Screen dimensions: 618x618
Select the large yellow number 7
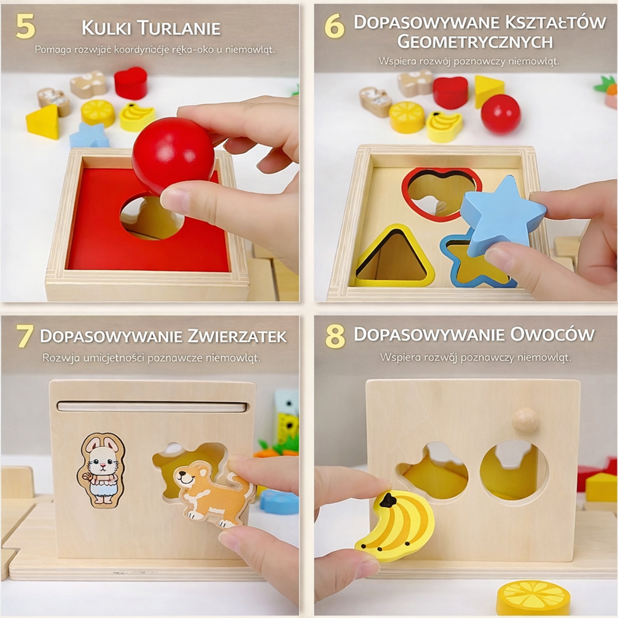pyautogui.click(x=24, y=336)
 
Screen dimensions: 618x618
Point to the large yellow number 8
pyautogui.click(x=335, y=336)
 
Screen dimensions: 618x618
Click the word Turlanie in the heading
pyautogui.click(x=179, y=29)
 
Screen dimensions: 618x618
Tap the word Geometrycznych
pyautogui.click(x=474, y=42)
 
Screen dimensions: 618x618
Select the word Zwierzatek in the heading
pyautogui.click(x=237, y=336)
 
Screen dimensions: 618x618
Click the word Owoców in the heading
pyautogui.click(x=552, y=334)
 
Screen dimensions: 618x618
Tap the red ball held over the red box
pyautogui.click(x=173, y=156)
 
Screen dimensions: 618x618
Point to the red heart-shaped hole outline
pyautogui.click(x=441, y=193)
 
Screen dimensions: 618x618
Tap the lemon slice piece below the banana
pyautogui.click(x=533, y=599)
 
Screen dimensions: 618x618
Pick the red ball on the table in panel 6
pyautogui.click(x=501, y=114)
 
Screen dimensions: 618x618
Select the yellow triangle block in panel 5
pyautogui.click(x=43, y=121)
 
